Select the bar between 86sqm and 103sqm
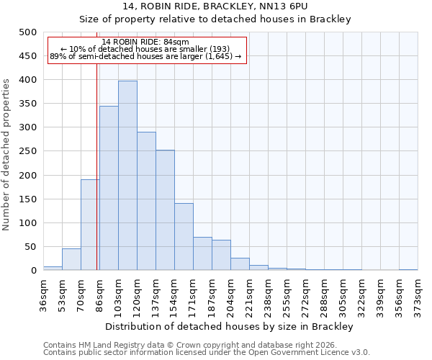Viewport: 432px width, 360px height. (109, 188)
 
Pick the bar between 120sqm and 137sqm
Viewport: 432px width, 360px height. (146, 201)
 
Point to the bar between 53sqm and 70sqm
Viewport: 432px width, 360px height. (71, 259)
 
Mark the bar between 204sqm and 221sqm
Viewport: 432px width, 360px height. (240, 264)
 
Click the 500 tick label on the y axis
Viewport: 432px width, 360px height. (27, 32)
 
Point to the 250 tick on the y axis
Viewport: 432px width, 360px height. (27, 151)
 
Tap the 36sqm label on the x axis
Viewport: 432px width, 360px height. (43, 294)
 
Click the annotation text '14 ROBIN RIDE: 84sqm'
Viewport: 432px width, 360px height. (145, 42)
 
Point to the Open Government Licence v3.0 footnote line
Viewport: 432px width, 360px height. (206, 352)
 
